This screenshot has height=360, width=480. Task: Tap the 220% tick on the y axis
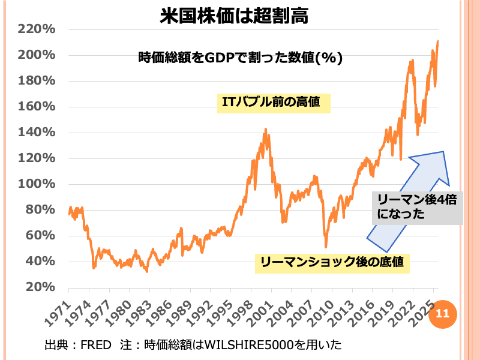click(x=37, y=29)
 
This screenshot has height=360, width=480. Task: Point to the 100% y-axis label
click(x=37, y=184)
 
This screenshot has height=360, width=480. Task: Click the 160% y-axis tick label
click(x=37, y=107)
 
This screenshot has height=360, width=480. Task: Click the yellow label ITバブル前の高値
click(x=274, y=102)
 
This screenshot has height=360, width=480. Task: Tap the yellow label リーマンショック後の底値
click(x=332, y=262)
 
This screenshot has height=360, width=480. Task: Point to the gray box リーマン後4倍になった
click(x=417, y=207)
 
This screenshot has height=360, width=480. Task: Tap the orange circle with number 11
click(x=442, y=313)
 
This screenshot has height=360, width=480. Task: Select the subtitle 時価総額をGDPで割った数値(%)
click(x=240, y=58)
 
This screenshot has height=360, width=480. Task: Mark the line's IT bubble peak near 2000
click(x=266, y=130)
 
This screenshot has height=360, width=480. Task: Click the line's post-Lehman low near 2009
click(x=326, y=247)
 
